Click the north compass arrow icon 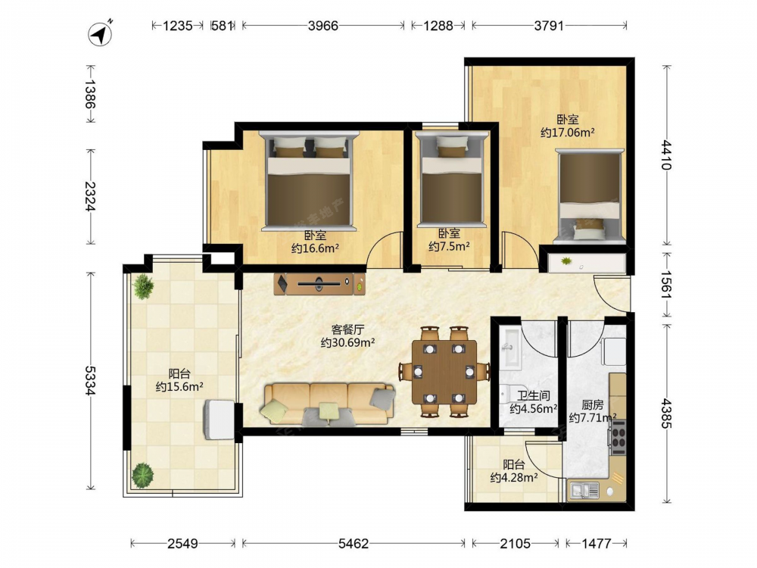point(100,34)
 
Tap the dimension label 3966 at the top point(323,26)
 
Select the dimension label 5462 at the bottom point(354,544)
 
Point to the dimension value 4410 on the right point(666,154)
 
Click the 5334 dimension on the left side point(90,381)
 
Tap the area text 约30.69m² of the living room point(347,343)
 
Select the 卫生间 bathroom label point(534,396)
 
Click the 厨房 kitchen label point(593,404)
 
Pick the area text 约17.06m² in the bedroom point(567,133)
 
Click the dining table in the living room point(444,372)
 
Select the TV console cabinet point(319,284)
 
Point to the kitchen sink point(584,491)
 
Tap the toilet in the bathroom point(505,394)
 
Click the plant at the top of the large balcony point(143,286)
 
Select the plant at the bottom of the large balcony point(143,476)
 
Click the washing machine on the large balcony point(220,420)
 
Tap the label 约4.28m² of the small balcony point(514,478)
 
